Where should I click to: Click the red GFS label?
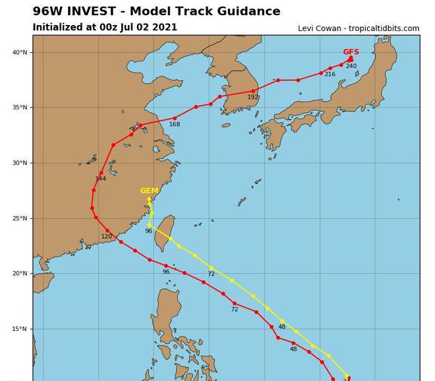point(351,52)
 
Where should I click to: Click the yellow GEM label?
point(149,191)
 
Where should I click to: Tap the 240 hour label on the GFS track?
point(351,66)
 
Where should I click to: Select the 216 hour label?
point(330,74)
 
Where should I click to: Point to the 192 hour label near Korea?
point(252,98)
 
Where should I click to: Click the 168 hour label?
point(174,125)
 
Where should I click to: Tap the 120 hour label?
point(106,237)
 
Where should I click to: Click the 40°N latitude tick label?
point(20,53)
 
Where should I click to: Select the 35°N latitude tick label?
point(20,108)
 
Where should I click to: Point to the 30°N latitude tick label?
point(20,163)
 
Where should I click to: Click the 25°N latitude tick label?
point(20,219)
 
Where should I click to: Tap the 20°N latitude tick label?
point(20,274)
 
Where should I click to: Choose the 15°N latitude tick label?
point(20,330)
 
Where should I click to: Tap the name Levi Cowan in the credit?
point(320,28)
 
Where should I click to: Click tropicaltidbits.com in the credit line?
point(384,28)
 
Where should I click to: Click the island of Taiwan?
point(164,233)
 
